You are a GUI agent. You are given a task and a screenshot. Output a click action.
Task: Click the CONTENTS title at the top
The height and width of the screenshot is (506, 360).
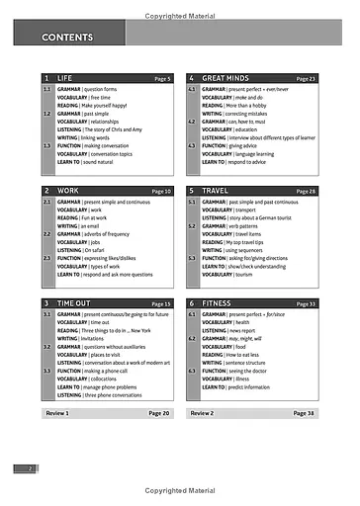[67, 38]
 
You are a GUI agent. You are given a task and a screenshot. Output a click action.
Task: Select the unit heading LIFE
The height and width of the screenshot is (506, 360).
[65, 77]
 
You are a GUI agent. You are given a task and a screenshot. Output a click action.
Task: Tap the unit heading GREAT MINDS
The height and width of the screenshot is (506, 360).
[226, 77]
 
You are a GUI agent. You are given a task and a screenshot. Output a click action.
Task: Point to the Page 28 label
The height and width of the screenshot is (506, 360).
[306, 191]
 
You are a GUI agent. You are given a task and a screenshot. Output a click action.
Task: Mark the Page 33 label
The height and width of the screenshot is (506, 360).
[306, 303]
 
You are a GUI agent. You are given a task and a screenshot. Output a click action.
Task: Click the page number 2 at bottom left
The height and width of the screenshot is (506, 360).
[31, 467]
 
